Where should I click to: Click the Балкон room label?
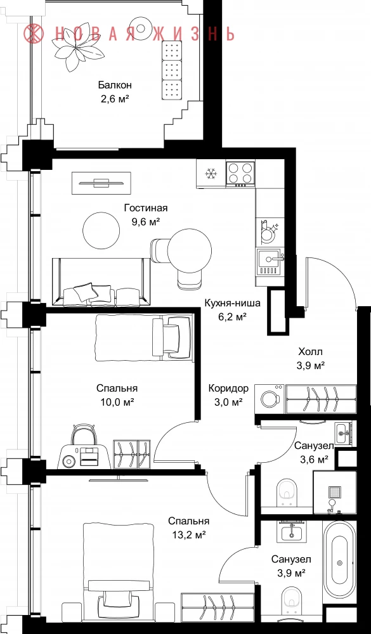tap(115, 86)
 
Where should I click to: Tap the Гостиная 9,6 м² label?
tap(146, 214)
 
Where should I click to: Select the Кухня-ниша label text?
tap(232, 303)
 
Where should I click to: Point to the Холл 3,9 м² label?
tap(311, 358)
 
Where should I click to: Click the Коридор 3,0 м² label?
tap(228, 395)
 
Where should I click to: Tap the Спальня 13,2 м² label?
tap(189, 527)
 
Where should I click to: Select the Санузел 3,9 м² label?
tap(291, 566)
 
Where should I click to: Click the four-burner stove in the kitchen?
tap(240, 173)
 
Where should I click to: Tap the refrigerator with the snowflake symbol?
tap(211, 174)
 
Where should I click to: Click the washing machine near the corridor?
tap(270, 399)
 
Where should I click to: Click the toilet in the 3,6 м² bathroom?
tap(288, 493)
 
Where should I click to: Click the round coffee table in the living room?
tap(101, 231)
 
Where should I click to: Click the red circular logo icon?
tap(33, 34)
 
